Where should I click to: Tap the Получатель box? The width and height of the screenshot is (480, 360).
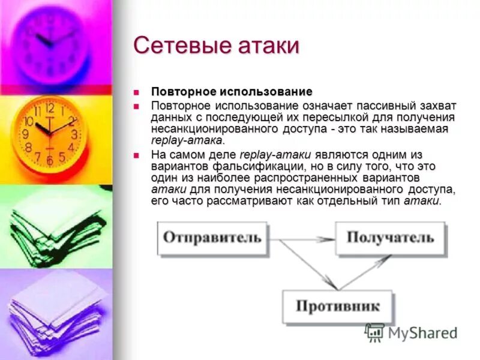390,237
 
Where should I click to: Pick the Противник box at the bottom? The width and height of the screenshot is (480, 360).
338,307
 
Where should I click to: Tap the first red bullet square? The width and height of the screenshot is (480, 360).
136,92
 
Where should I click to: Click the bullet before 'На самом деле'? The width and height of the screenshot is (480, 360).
136,155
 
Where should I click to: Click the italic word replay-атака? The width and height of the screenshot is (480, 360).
187,140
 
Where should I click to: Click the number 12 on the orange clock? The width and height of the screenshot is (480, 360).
49,109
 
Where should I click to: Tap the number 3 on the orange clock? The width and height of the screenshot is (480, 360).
74,134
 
